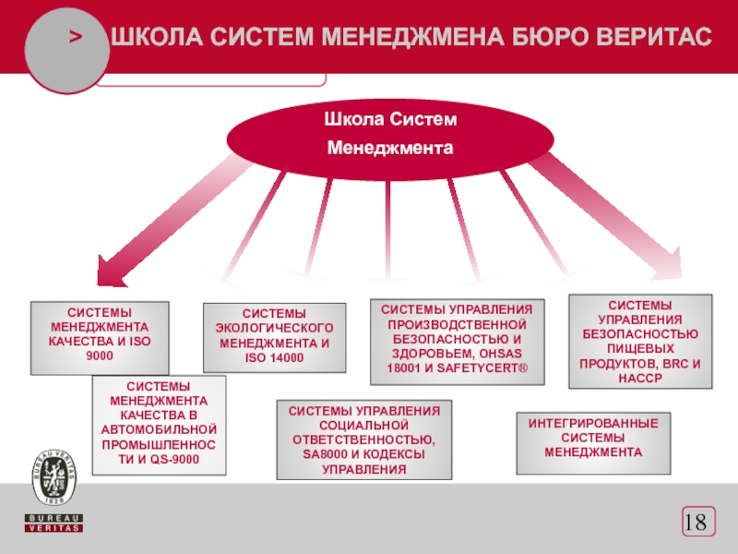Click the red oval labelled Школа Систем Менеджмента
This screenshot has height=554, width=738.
click(x=389, y=135)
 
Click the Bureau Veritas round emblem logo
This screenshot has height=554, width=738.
click(x=54, y=471)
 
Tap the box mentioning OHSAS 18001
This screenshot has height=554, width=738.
click(x=458, y=343)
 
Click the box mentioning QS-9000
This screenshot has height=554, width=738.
click(x=159, y=425)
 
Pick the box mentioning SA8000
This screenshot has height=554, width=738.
click(x=364, y=440)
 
